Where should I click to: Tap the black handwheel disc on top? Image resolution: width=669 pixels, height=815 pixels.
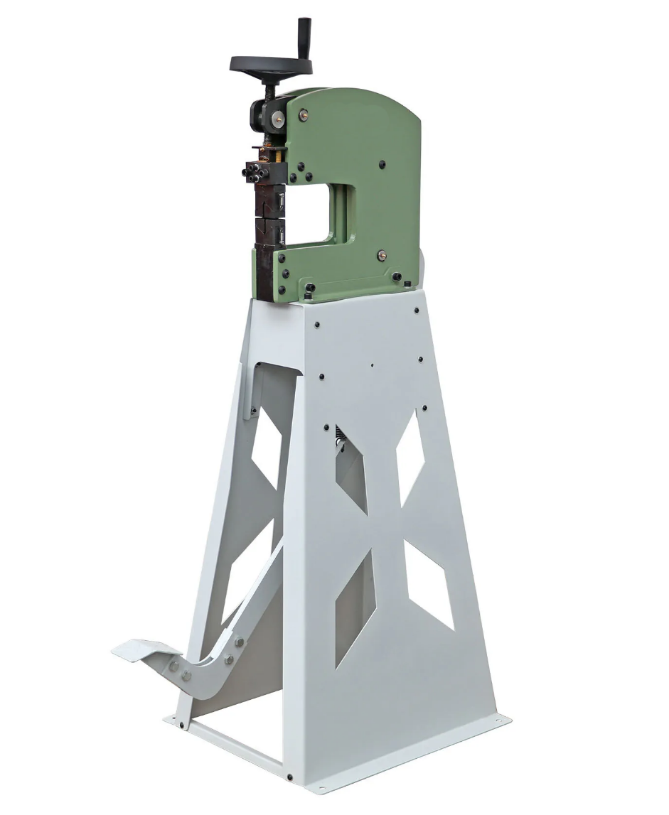[271, 65]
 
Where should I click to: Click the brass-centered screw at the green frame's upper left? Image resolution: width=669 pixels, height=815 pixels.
[304, 112]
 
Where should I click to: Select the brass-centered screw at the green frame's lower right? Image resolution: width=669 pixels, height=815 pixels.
[382, 254]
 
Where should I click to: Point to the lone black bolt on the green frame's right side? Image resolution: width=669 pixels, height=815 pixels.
[382, 163]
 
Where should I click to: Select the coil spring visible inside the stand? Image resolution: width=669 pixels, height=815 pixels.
[339, 441]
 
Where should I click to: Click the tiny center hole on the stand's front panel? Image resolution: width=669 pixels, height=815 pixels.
[371, 367]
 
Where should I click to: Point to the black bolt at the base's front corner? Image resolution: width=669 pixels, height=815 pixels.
[289, 777]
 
